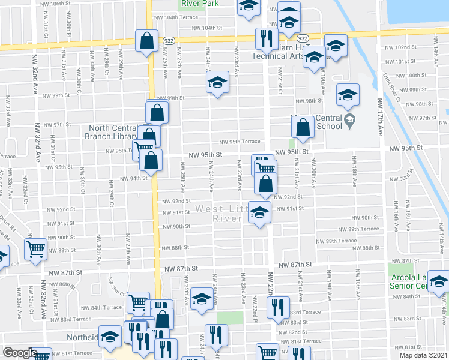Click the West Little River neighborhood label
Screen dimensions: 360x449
click(x=218, y=214)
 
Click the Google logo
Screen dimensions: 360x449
click(x=20, y=353)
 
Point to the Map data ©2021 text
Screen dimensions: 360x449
click(x=423, y=355)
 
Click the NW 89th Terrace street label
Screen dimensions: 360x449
click(x=358, y=229)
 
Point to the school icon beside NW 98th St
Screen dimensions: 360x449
click(x=348, y=94)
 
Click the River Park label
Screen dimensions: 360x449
click(x=198, y=3)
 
